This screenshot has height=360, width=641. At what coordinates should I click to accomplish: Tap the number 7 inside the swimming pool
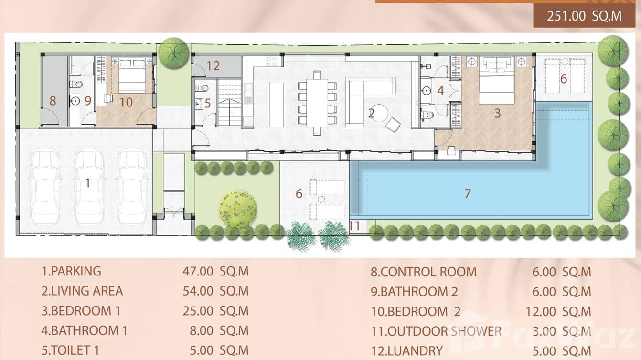coord(467,193)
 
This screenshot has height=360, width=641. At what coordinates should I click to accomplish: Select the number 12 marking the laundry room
coord(213,66)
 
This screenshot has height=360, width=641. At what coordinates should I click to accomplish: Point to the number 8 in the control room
coord(53,101)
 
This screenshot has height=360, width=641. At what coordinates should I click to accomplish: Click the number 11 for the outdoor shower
coord(354,225)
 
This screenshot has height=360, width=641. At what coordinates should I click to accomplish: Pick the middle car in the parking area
coord(89,186)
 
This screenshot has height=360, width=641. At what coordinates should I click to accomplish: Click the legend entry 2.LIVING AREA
coord(82,291)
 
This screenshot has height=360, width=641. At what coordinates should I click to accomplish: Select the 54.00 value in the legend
coord(198,291)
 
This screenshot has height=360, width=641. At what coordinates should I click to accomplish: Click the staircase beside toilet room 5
coord(230,103)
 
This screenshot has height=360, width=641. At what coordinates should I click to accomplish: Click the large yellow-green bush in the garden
coord(237,209)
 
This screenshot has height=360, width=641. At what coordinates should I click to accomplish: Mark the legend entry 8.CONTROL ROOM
coord(423,272)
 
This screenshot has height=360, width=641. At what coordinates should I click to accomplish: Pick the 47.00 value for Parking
coord(198,271)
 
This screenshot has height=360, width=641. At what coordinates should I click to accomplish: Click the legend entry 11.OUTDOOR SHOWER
coord(436,331)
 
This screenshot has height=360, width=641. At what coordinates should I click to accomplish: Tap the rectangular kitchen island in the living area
coord(276,105)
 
